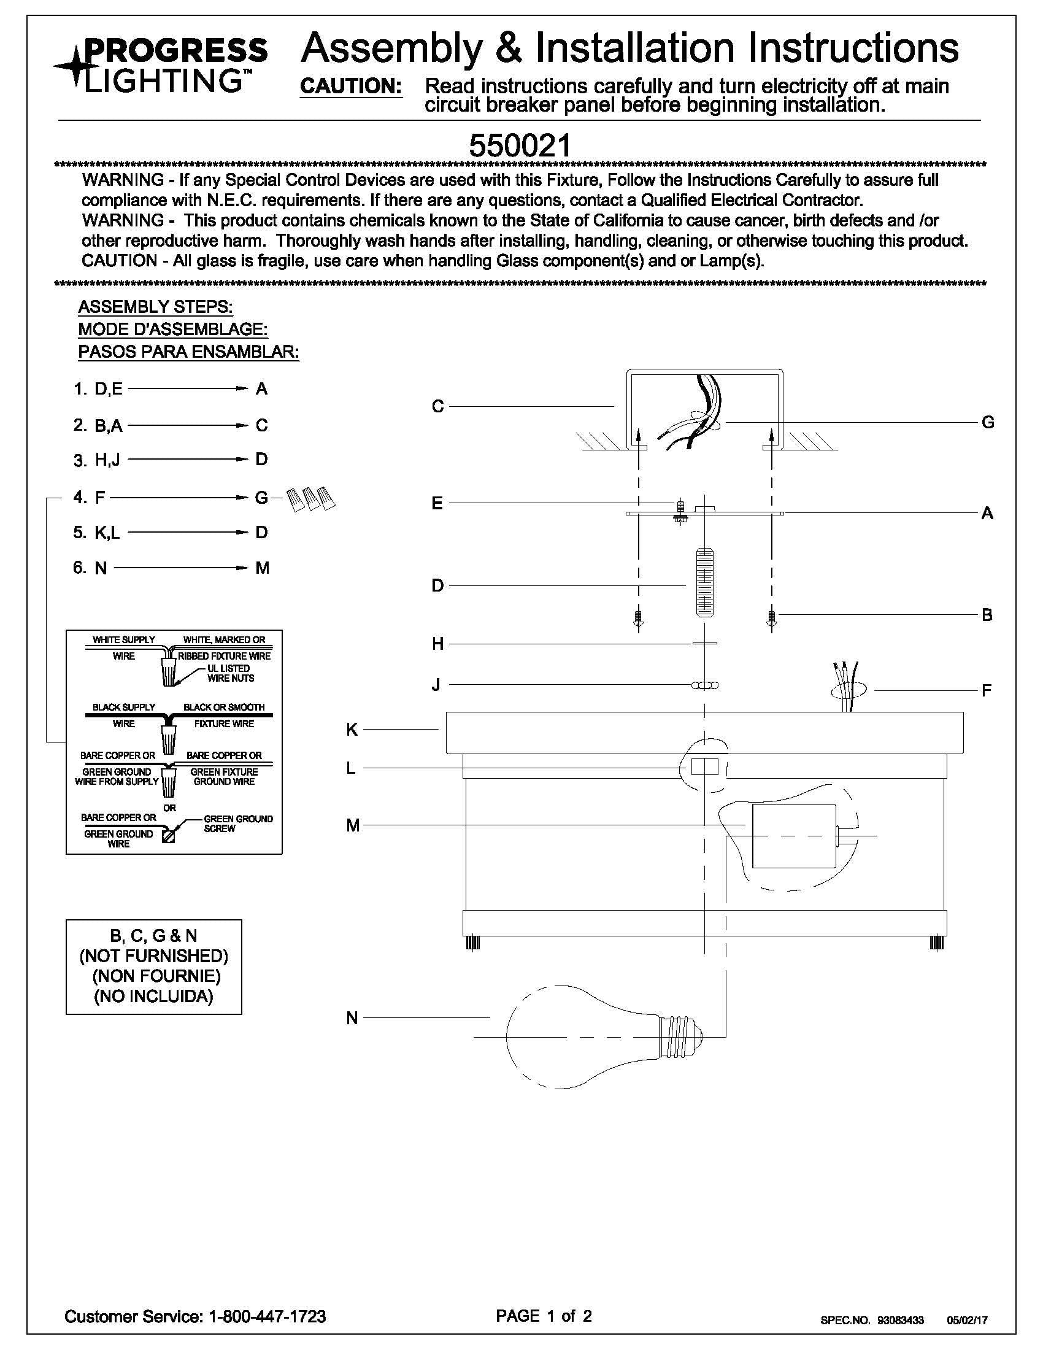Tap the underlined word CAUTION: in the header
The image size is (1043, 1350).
click(351, 86)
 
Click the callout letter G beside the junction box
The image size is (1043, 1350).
click(987, 423)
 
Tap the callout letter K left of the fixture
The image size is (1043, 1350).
click(352, 730)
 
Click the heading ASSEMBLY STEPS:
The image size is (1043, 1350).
click(155, 307)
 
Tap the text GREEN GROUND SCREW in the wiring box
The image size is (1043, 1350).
click(238, 823)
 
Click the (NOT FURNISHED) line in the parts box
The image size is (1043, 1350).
click(154, 956)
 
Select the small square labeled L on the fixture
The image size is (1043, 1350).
click(704, 767)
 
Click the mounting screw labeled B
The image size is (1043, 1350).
click(771, 617)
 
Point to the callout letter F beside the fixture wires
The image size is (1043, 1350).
click(987, 690)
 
